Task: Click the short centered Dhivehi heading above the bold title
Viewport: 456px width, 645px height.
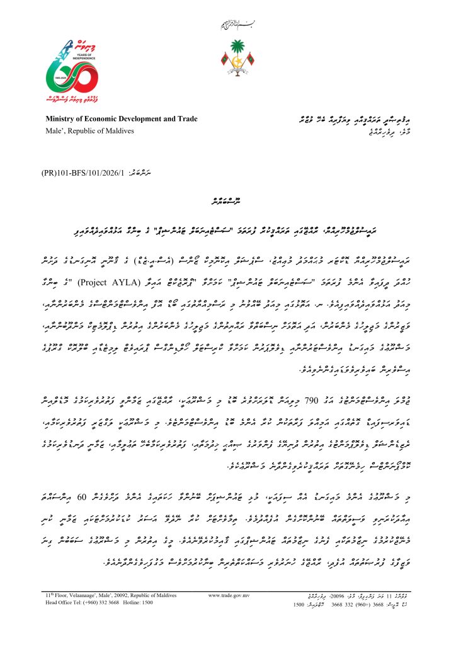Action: pos(228,202)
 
